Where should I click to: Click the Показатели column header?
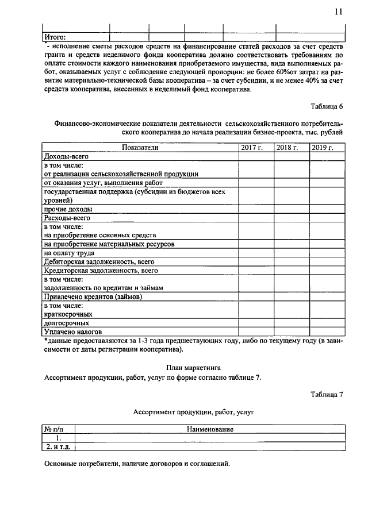pos(140,148)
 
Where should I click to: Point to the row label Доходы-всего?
pos(64,156)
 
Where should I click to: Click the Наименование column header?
pos(210,429)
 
